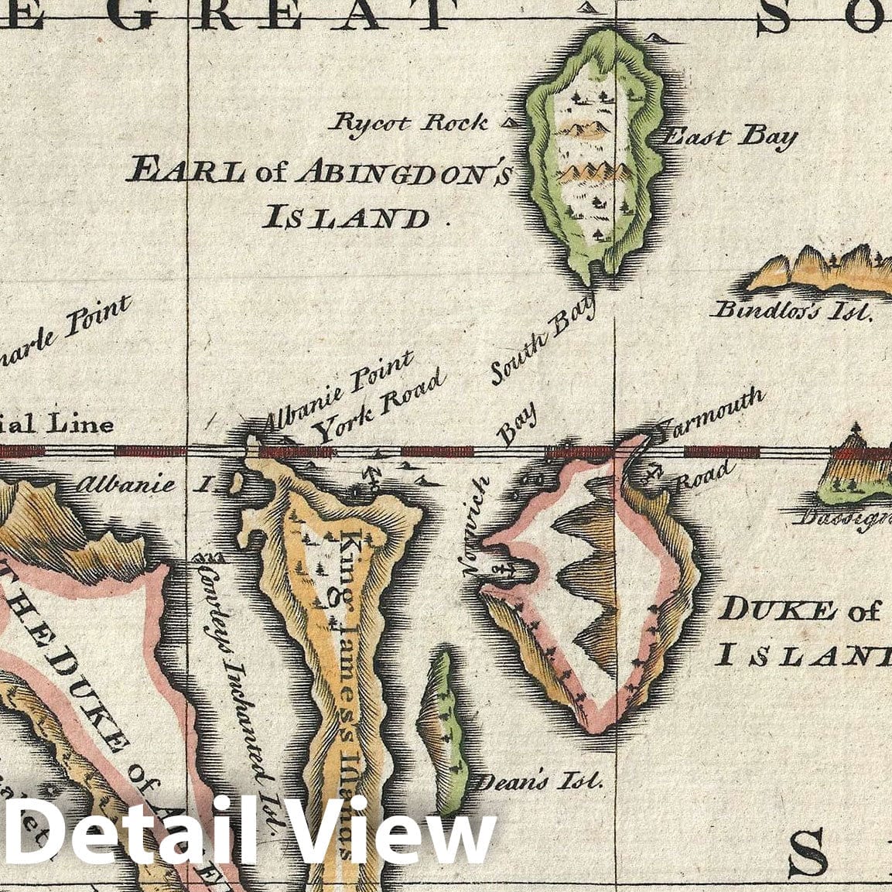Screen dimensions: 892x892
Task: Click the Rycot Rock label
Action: (411, 123)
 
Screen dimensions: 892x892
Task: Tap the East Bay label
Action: (730, 138)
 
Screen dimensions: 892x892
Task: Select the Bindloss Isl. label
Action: (791, 311)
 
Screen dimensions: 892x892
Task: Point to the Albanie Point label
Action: (338, 392)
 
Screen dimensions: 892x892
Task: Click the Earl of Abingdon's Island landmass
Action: (594, 155)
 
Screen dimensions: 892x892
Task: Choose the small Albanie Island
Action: (236, 484)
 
